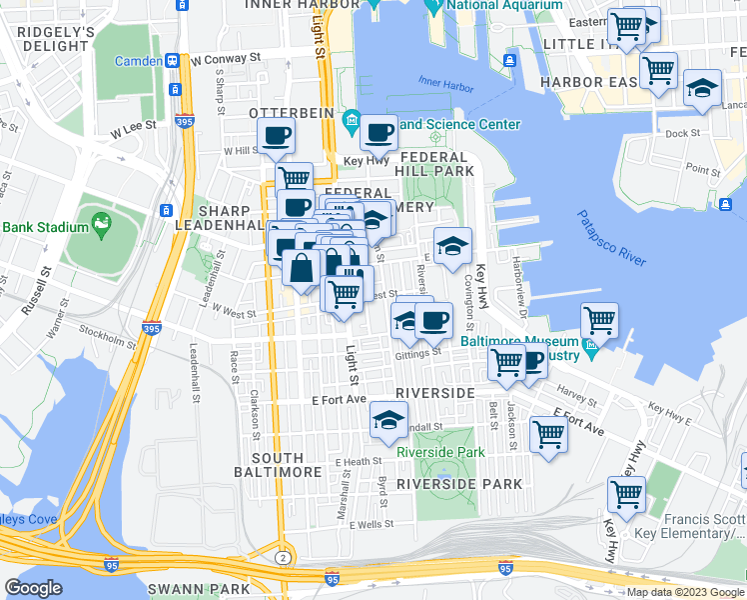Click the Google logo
click(x=34, y=588)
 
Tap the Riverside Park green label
click(x=440, y=452)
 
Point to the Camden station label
click(x=138, y=61)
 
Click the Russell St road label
click(x=45, y=286)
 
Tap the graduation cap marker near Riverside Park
click(x=388, y=420)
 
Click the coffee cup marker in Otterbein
click(x=276, y=135)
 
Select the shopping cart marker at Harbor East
click(x=658, y=71)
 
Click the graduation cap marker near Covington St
click(x=452, y=245)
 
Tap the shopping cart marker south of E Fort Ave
click(x=548, y=434)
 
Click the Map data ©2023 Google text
click(x=685, y=592)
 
